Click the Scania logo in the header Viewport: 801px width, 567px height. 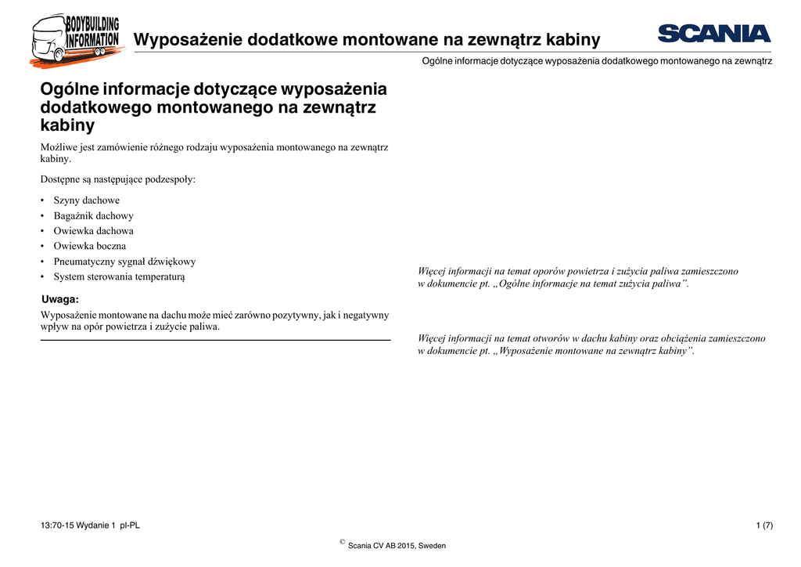point(714,34)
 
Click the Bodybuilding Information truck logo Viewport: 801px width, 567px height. point(76,39)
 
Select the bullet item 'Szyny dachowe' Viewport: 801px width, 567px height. point(86,200)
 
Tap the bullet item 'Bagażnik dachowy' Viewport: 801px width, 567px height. point(93,216)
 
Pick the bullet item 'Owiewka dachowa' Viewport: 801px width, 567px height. point(93,231)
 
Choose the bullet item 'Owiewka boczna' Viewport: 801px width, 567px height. point(89,246)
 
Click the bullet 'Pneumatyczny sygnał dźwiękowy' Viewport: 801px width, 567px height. point(124,262)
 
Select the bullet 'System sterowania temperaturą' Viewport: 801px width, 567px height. point(119,276)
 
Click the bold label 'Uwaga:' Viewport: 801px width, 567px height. point(59,299)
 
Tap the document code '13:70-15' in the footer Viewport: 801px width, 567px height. point(56,525)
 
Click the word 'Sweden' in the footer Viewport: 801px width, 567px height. point(432,546)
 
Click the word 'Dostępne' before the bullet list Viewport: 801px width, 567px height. point(59,179)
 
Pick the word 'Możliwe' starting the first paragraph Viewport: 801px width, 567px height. point(58,146)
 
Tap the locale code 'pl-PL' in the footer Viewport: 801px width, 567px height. point(130,525)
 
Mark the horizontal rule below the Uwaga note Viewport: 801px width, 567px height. point(215,340)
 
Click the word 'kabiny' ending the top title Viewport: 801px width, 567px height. point(574,40)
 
